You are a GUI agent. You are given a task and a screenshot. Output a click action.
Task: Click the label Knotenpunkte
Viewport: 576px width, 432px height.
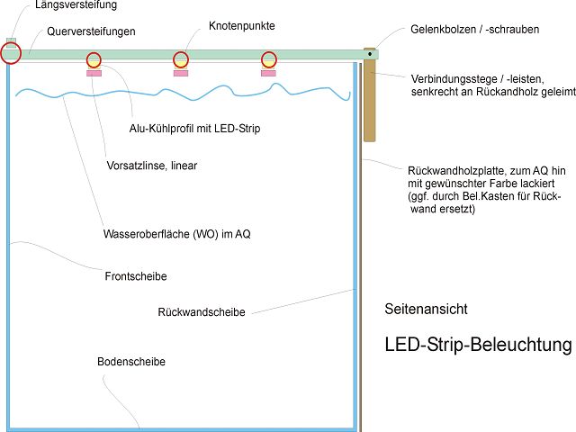click(x=242, y=26)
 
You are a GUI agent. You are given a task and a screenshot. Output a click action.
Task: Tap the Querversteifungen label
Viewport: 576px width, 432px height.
click(x=91, y=31)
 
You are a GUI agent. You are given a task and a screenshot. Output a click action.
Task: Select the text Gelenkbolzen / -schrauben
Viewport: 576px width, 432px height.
click(x=474, y=30)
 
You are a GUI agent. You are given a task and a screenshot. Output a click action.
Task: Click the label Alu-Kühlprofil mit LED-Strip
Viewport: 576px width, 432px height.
click(x=194, y=129)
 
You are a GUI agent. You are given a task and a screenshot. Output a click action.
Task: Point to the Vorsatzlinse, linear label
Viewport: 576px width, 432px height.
click(x=152, y=166)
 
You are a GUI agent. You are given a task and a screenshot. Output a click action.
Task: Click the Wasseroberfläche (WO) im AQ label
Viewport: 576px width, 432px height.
click(x=177, y=234)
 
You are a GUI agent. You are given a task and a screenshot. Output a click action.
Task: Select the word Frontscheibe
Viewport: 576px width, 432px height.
click(x=136, y=276)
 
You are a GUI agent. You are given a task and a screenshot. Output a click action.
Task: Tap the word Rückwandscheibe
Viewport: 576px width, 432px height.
click(x=202, y=312)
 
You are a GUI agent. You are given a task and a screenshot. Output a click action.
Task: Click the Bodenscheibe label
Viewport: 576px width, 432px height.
click(x=131, y=362)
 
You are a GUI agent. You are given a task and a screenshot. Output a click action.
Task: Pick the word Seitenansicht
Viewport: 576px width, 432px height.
click(x=426, y=309)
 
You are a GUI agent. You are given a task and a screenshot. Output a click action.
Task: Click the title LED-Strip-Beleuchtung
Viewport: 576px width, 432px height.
click(x=478, y=345)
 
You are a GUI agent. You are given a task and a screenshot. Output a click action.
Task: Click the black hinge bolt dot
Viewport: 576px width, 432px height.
click(x=370, y=54)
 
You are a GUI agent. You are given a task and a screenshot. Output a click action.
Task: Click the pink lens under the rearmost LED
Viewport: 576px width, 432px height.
click(x=268, y=74)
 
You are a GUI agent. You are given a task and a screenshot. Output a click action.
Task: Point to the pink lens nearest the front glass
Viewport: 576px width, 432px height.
click(x=94, y=74)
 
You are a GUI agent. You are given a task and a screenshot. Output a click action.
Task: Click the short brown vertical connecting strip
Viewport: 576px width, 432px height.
click(x=370, y=94)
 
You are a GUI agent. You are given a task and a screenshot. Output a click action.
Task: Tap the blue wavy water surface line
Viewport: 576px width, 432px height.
click(x=183, y=94)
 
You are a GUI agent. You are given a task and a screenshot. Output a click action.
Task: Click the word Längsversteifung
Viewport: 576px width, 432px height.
click(x=76, y=4)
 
